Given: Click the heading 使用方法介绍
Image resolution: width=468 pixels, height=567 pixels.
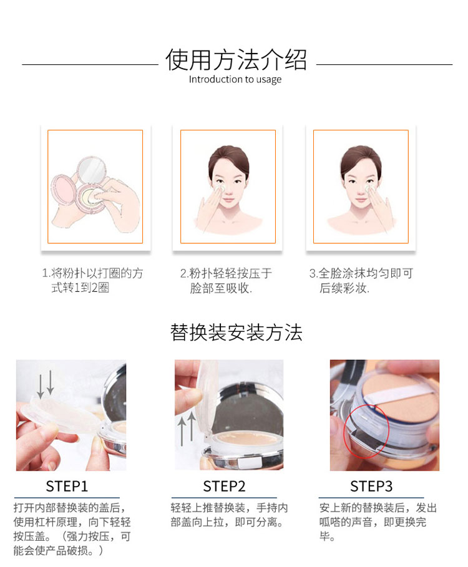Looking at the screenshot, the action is coord(236,60).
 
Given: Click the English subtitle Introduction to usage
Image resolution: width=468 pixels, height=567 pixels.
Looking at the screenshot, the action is coord(235,80).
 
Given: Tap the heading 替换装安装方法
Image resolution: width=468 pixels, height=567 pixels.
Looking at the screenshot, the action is coord(236,332).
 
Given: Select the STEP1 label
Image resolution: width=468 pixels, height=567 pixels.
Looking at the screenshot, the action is coord(67,487).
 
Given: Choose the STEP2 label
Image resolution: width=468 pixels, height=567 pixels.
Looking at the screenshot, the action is coord(224,487).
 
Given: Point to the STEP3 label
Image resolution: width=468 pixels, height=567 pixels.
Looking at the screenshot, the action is coord(371,487).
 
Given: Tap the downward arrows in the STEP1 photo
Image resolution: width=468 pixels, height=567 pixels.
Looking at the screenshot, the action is coord(46,384).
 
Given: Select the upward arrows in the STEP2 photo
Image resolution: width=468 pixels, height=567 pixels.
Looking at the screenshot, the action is coord(187,429).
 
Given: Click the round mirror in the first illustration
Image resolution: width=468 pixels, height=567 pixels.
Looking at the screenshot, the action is coord(92,169).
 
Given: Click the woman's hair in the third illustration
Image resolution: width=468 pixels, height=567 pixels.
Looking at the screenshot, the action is coord(361,157).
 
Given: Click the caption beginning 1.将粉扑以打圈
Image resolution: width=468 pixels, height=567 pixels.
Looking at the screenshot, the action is coord(92,280).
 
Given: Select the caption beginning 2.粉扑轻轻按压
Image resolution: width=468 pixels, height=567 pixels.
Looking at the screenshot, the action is coord(226,280).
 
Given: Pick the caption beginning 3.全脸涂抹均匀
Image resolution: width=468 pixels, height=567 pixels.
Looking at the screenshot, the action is coord(361,280).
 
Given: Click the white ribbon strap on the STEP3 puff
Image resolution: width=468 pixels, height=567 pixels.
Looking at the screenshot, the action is coord(398,392).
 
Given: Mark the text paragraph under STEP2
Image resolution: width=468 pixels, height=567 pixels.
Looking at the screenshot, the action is coord(229,515).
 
